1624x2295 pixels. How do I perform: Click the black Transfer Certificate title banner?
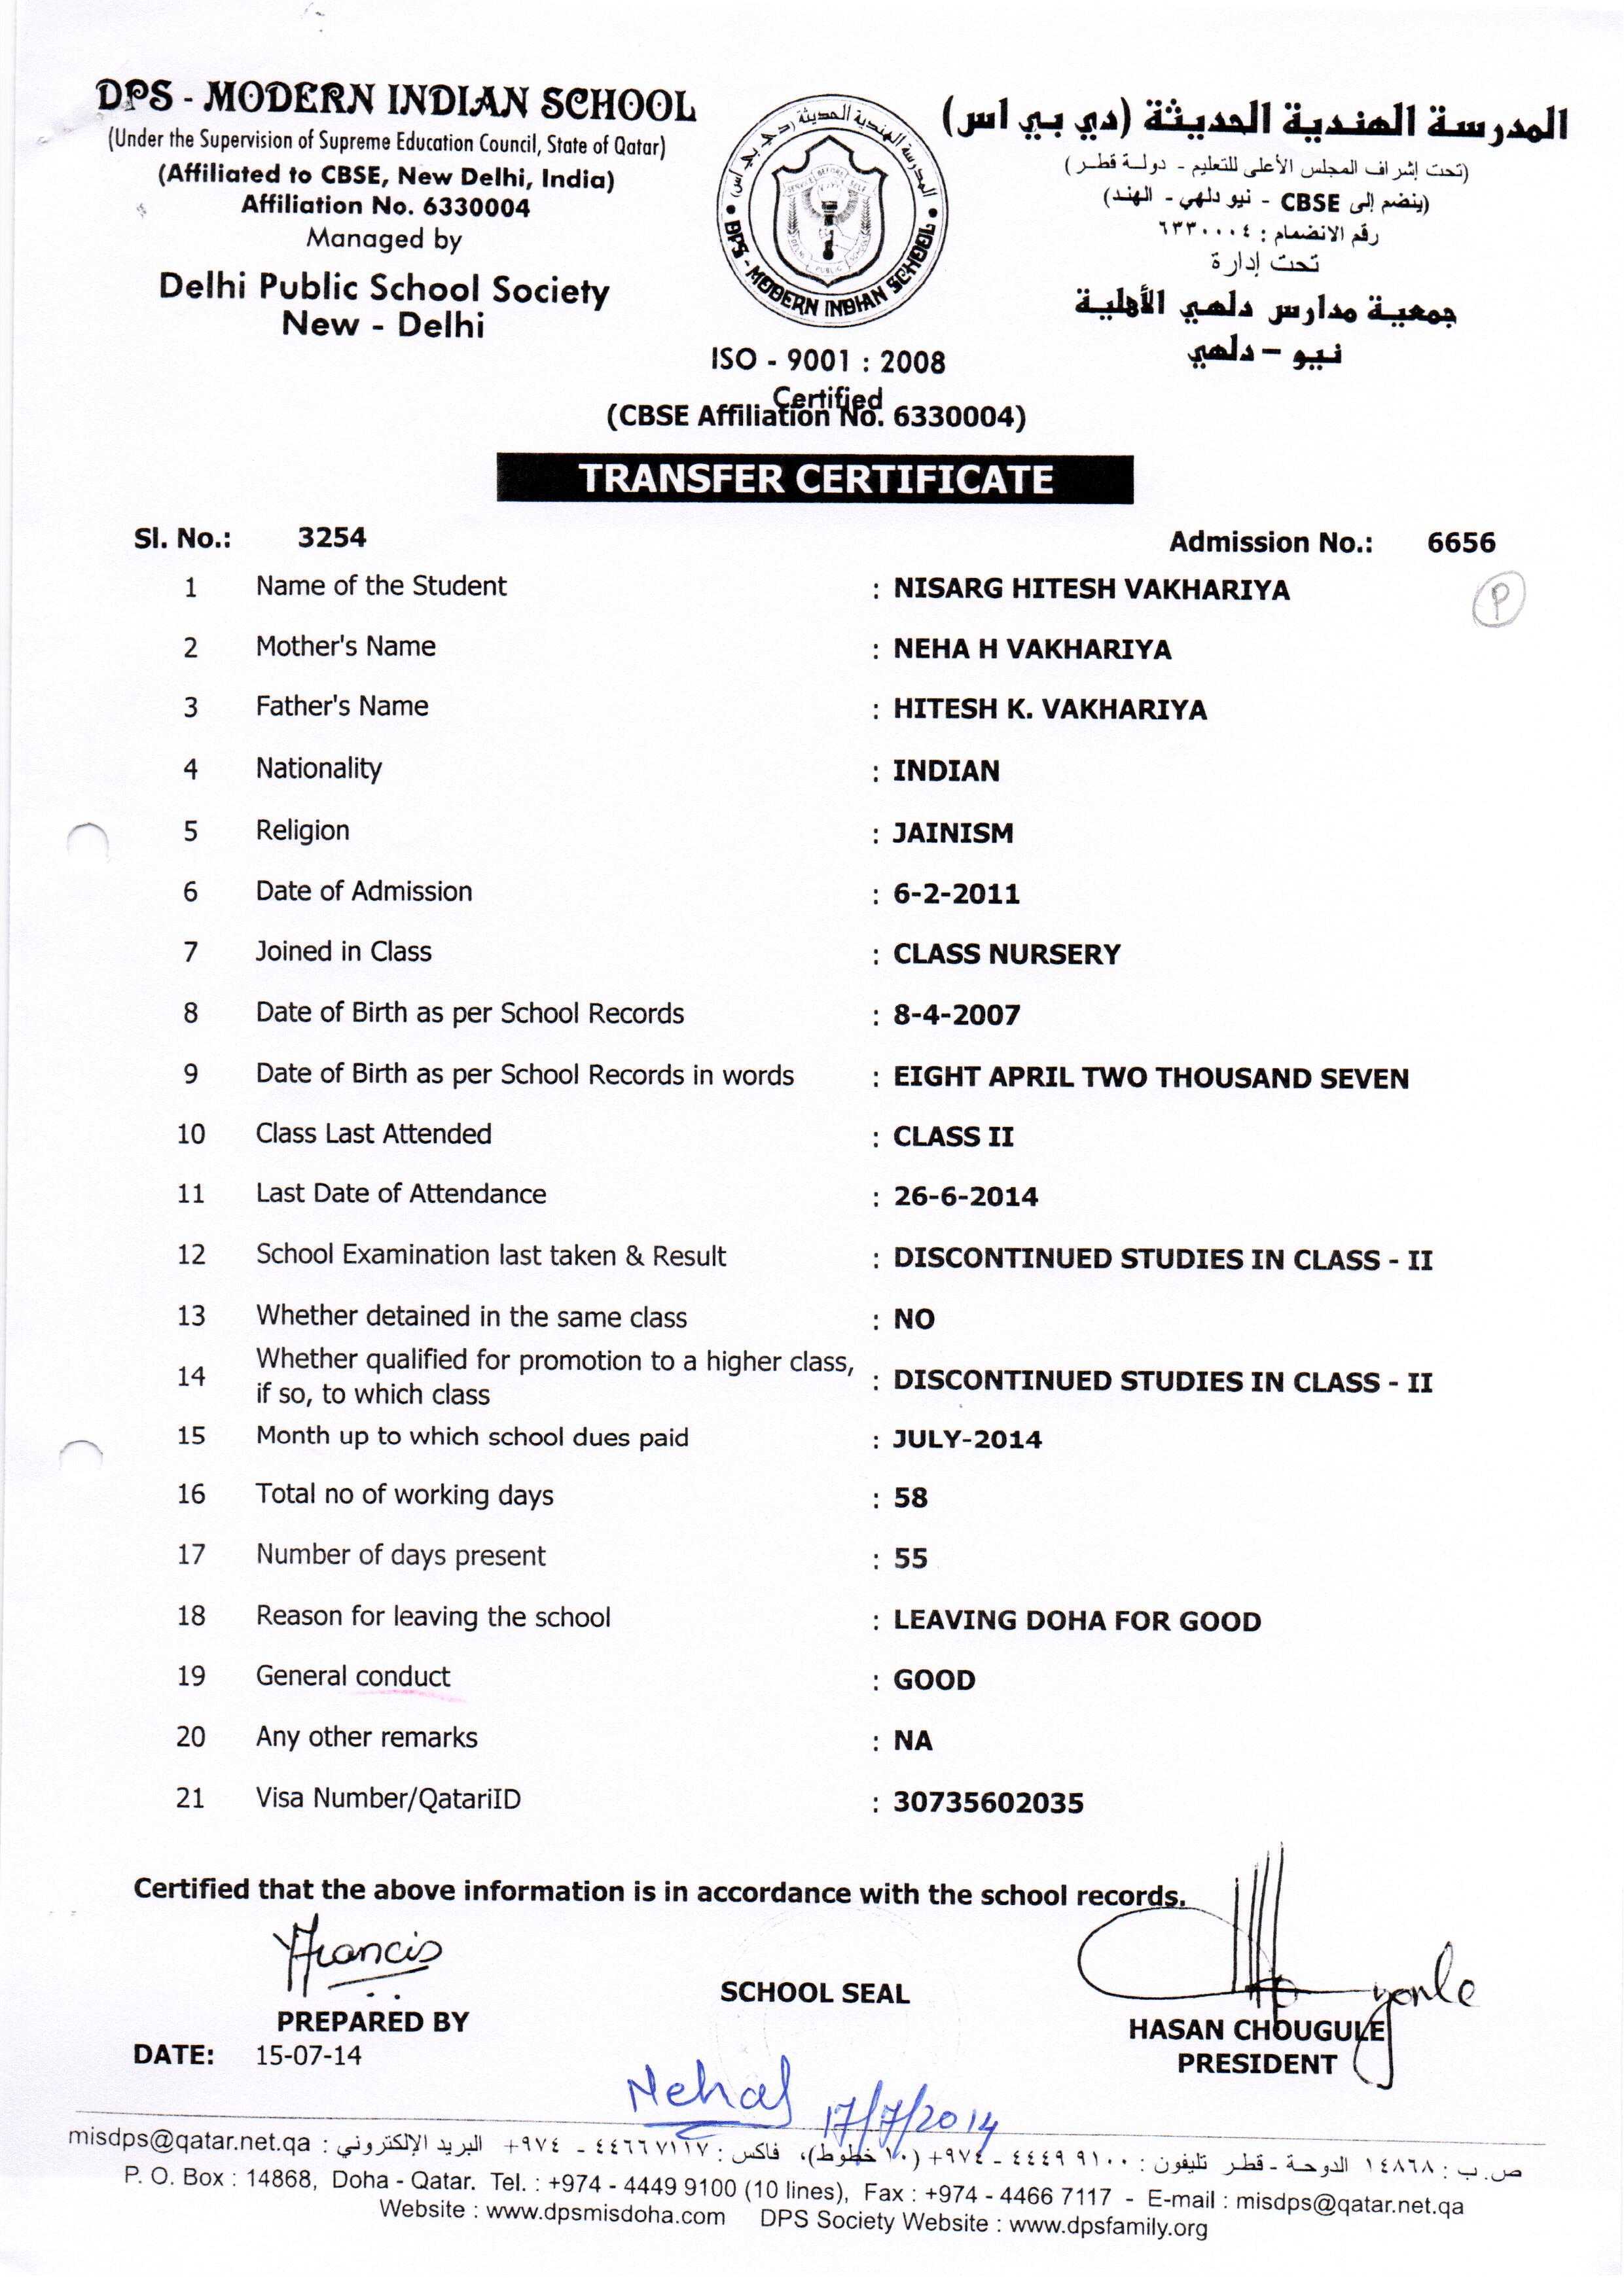pyautogui.click(x=815, y=479)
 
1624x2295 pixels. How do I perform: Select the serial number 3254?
pyautogui.click(x=332, y=538)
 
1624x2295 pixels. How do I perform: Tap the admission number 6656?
pyautogui.click(x=1461, y=543)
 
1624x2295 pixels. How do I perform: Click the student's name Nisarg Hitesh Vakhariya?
pyautogui.click(x=1091, y=590)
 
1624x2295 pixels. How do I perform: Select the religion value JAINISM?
pyautogui.click(x=953, y=832)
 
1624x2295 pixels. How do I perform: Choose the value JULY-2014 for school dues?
pyautogui.click(x=967, y=1440)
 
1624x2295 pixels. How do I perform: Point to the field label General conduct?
pyautogui.click(x=353, y=1677)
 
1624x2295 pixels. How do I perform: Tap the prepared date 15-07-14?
pyautogui.click(x=308, y=2055)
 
